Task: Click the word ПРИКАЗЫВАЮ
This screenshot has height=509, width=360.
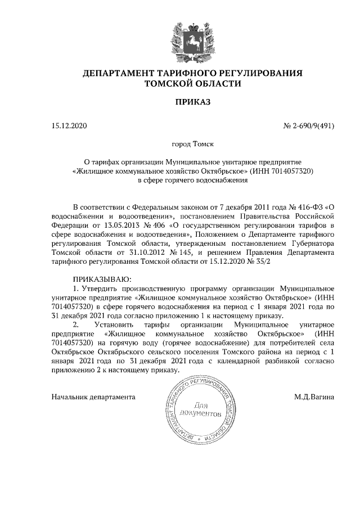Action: click(102, 280)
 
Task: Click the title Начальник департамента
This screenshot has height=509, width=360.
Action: click(93, 397)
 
